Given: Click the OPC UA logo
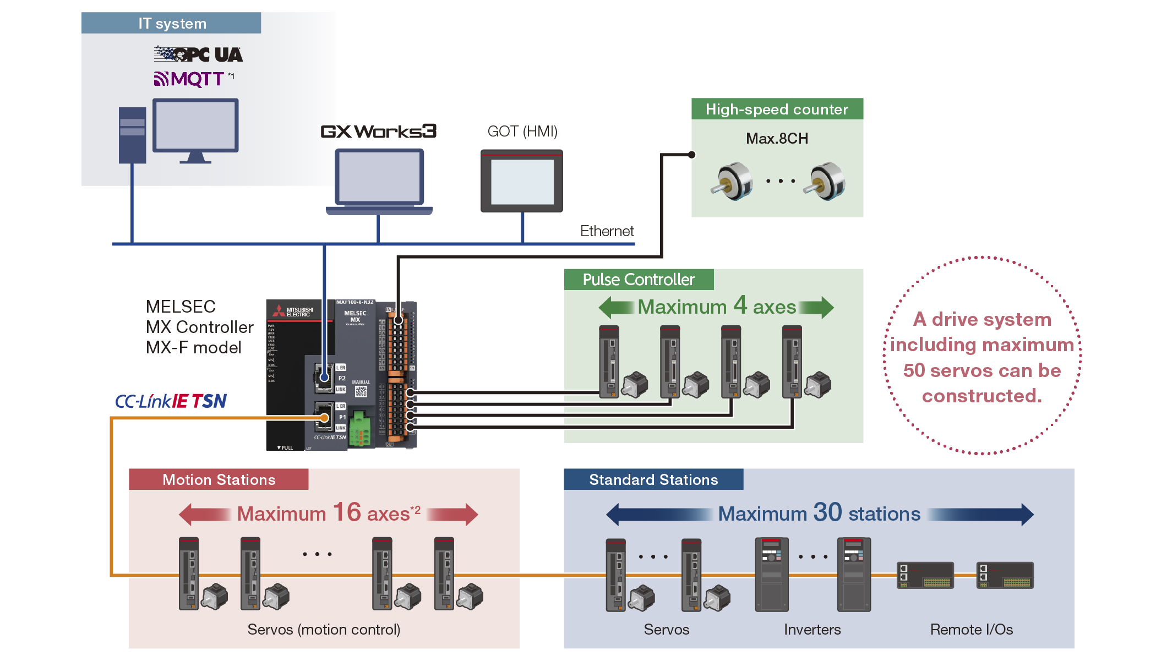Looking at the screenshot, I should tap(198, 54).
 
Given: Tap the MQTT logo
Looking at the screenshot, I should tap(190, 79).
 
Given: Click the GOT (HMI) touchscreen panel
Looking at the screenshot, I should tap(522, 181).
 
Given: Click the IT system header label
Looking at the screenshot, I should tap(171, 23).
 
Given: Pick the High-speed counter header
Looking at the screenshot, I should tap(777, 109).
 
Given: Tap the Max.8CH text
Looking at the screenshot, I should tap(777, 139).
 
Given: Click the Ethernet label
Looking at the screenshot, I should tap(607, 231).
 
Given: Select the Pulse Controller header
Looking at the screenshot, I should tap(639, 280).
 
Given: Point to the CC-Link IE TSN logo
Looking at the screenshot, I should tap(171, 401).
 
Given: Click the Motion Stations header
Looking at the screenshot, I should tap(219, 480).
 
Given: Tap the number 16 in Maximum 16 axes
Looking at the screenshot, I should tap(347, 512).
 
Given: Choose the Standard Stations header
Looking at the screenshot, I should tap(653, 480).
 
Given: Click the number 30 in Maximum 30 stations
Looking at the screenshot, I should tap(827, 512).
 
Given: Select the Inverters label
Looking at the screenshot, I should tap(812, 630).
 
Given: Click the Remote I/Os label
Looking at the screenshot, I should tap(971, 630).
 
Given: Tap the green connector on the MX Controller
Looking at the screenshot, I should tap(359, 428).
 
